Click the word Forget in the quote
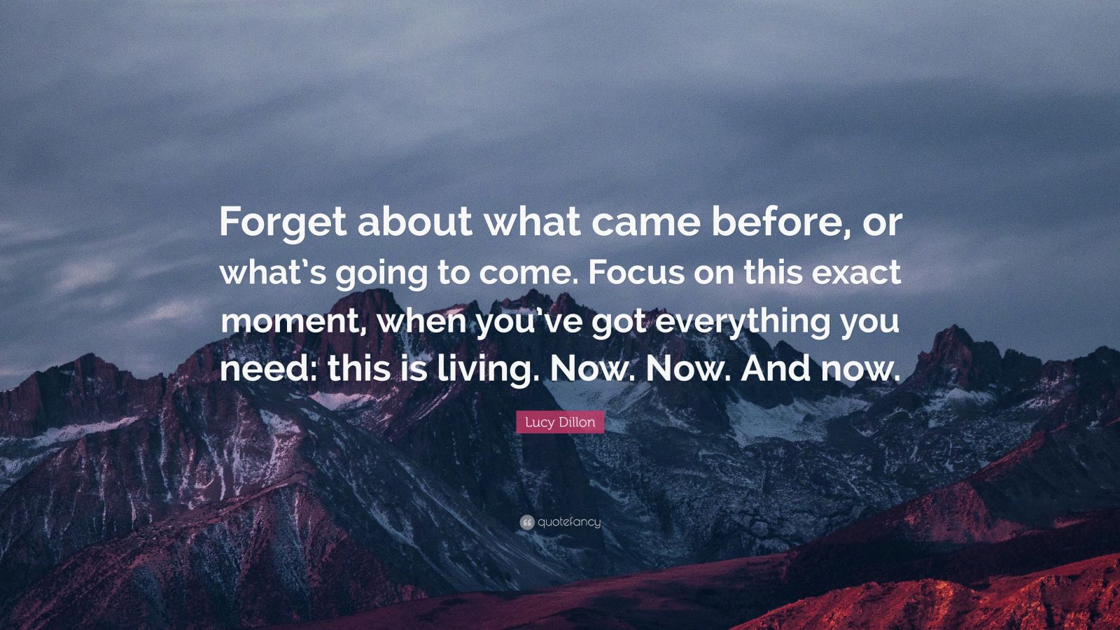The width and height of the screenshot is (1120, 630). point(283,223)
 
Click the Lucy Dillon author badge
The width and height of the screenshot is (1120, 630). point(560,422)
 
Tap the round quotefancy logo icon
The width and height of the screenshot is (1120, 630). point(527,523)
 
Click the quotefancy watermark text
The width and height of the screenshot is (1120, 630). point(569,522)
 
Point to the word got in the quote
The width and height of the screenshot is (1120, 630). point(618,325)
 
